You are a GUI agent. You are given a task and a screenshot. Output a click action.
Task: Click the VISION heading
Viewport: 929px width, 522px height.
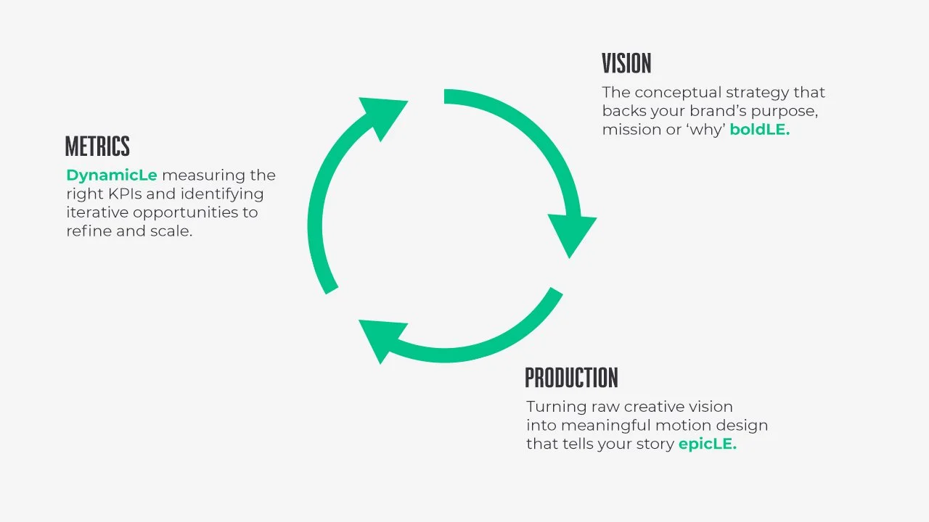pyautogui.click(x=626, y=64)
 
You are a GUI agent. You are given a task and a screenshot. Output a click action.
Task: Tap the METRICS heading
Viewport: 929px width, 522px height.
pyautogui.click(x=97, y=146)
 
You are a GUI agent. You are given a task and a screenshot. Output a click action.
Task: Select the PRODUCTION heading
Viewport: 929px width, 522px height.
pyautogui.click(x=571, y=378)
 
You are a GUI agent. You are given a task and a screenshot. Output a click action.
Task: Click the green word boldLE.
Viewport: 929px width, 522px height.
pyautogui.click(x=759, y=130)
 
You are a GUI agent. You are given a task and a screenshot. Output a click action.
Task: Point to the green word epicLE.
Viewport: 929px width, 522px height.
pyautogui.click(x=707, y=444)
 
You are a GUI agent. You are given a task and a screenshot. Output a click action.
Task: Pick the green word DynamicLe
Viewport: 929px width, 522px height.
pyautogui.click(x=112, y=175)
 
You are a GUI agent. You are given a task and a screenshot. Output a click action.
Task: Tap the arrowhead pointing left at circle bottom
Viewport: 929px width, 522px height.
pyautogui.click(x=377, y=339)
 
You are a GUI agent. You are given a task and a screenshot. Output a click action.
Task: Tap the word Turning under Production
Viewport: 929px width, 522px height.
pyautogui.click(x=554, y=407)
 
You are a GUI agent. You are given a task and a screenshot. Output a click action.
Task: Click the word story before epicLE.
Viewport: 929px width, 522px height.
pyautogui.click(x=654, y=444)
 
